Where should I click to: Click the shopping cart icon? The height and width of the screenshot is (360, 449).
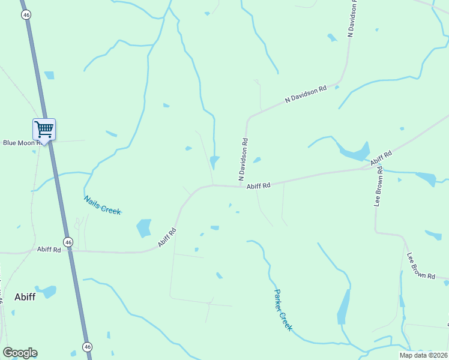44,129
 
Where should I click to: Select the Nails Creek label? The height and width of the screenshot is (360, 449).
102,205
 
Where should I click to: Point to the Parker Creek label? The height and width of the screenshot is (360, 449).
283,310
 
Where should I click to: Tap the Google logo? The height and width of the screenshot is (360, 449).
20,353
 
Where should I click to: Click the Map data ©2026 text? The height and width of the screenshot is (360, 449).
423,355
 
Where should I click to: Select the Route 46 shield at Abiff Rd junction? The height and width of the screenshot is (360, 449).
69,242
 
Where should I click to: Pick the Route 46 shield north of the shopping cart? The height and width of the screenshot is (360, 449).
26,15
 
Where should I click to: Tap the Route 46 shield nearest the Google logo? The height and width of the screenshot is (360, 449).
88,347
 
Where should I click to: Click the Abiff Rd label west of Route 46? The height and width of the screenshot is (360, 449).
49,249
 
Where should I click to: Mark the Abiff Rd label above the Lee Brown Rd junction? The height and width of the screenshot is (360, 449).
381,158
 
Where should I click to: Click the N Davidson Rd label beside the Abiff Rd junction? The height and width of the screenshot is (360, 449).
244,159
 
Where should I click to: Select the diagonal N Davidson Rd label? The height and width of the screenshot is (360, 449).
306,95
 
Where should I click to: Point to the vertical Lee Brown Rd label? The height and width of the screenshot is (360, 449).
379,191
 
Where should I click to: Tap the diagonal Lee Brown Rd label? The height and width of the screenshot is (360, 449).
421,265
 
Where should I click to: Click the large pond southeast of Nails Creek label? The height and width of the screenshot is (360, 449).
144,227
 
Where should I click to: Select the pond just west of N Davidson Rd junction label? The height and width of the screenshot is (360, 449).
214,161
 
